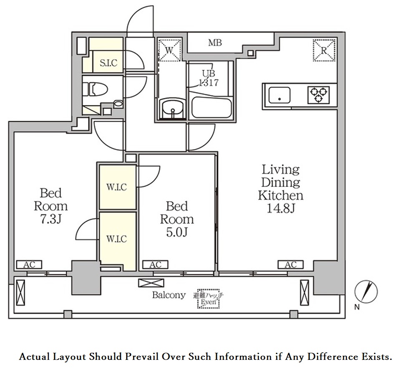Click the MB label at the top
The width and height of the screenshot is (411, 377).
pos(215,43)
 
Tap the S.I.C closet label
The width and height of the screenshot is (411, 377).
pos(108,63)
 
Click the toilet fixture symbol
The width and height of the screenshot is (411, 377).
pos(95,89)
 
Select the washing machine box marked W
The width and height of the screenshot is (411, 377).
pos(169,50)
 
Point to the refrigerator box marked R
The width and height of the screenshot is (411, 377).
pos(324,50)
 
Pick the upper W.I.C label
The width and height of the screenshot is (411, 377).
pos(116,187)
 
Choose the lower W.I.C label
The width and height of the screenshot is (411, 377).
pos(116,239)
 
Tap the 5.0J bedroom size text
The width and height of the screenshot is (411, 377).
pos(177,233)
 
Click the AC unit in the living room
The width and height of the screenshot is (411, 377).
pos(290,265)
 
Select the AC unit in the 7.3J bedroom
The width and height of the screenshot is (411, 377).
pos(29,265)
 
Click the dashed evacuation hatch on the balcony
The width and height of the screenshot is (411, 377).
pos(208,299)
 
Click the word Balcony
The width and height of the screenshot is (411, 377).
pos(169,295)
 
